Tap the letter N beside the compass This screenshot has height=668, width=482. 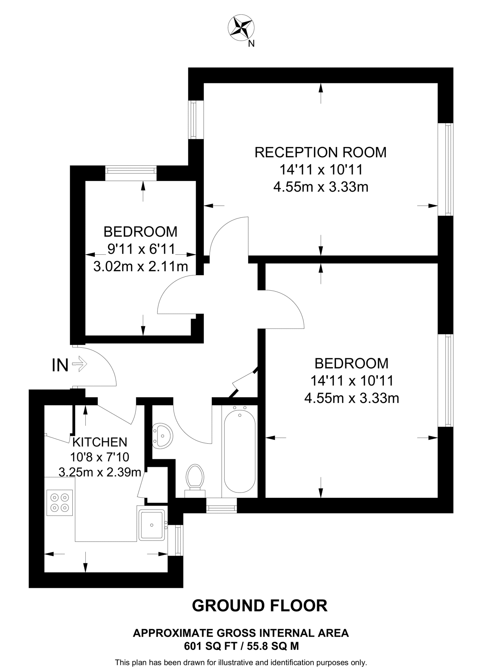(x=251, y=43)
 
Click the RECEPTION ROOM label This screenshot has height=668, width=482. (x=320, y=152)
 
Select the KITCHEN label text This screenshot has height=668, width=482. (x=100, y=442)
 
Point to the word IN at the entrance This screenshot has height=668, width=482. (x=60, y=365)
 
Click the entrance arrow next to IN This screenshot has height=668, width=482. (x=80, y=364)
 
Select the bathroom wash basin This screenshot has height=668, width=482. (x=162, y=435)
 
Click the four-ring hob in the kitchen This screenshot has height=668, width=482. (x=60, y=503)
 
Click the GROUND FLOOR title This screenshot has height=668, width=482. (x=259, y=606)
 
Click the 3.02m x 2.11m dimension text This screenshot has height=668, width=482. (x=140, y=266)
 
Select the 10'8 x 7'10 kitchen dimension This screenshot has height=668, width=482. (x=100, y=457)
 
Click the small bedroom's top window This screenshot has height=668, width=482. (x=131, y=173)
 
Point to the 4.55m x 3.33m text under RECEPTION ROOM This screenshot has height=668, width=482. (x=321, y=187)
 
